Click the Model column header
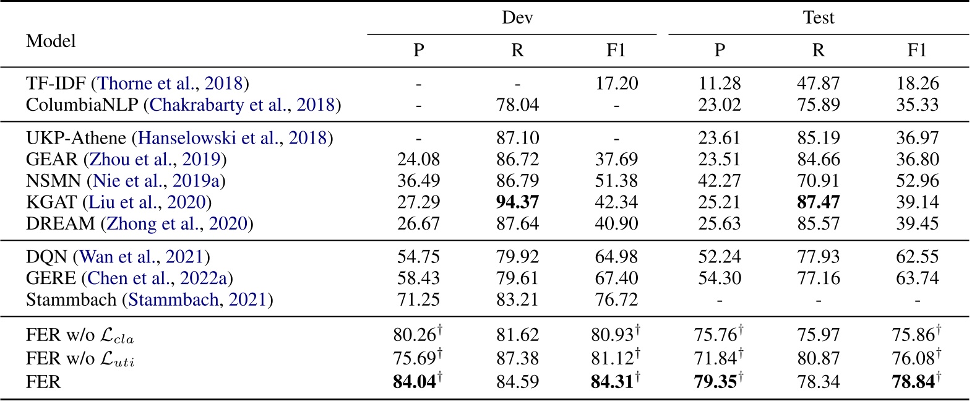(51, 41)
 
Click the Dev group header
(517, 18)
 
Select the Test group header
(818, 18)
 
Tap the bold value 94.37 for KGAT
(517, 202)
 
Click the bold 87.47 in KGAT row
(818, 202)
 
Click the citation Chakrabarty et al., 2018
(242, 105)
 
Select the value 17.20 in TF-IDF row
(616, 83)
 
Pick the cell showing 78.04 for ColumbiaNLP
(517, 105)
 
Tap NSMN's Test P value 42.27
(719, 181)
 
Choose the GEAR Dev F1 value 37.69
(616, 159)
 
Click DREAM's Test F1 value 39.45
(917, 223)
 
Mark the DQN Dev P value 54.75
(418, 256)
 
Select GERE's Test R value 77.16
(818, 278)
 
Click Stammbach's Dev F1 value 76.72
(616, 300)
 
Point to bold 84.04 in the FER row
(415, 382)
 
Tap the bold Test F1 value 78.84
(913, 382)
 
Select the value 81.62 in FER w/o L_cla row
(517, 335)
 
